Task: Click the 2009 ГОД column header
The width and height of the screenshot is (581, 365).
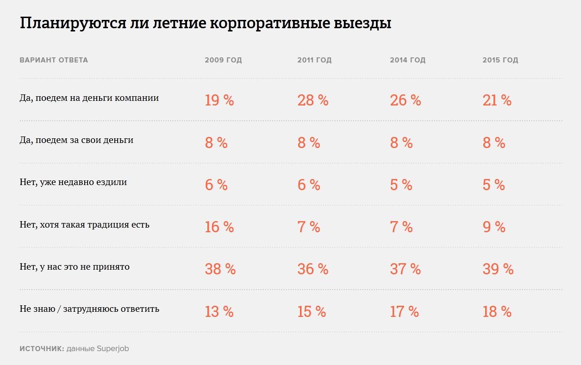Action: [x=223, y=60]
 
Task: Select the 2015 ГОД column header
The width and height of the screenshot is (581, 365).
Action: [x=500, y=60]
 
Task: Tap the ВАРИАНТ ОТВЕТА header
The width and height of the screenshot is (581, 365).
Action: [x=54, y=60]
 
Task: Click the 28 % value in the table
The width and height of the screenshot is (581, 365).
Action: [x=313, y=100]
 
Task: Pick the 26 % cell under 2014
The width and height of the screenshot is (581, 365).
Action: [x=406, y=100]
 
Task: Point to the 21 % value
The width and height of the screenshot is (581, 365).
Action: [x=497, y=100]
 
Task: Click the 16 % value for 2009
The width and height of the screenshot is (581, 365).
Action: [x=219, y=227]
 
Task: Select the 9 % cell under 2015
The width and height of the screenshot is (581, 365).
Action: [x=494, y=227]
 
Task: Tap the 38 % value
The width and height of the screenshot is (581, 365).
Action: [x=220, y=269]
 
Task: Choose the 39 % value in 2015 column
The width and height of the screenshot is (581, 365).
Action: [x=498, y=269]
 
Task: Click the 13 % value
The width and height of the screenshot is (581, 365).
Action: [x=219, y=312]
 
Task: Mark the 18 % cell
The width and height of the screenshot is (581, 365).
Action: [x=497, y=312]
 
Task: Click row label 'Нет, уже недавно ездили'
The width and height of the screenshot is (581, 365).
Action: [x=73, y=182]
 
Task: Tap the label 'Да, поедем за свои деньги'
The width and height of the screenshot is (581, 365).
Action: [x=76, y=140]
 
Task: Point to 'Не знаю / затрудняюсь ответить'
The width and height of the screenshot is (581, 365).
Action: [x=89, y=309]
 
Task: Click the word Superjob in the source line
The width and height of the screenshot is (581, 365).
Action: [x=113, y=349]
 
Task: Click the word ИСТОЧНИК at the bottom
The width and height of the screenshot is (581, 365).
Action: [x=42, y=349]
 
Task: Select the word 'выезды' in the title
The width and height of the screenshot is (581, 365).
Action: [x=362, y=24]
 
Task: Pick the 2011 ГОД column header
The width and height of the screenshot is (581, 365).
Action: [x=314, y=60]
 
